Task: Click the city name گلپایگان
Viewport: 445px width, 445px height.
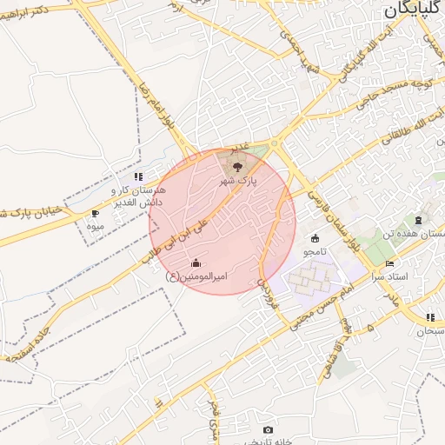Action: point(414,10)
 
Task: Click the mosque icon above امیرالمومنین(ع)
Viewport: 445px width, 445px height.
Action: point(196,263)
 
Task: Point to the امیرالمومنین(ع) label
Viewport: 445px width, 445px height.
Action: point(196,276)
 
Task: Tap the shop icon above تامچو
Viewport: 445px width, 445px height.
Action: point(314,239)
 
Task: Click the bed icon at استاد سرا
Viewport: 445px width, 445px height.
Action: point(390,262)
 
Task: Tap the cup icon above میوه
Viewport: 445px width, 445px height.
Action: point(95,213)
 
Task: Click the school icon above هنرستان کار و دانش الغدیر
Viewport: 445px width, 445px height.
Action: point(137,176)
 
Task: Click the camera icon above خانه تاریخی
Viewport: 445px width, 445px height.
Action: point(268,430)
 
